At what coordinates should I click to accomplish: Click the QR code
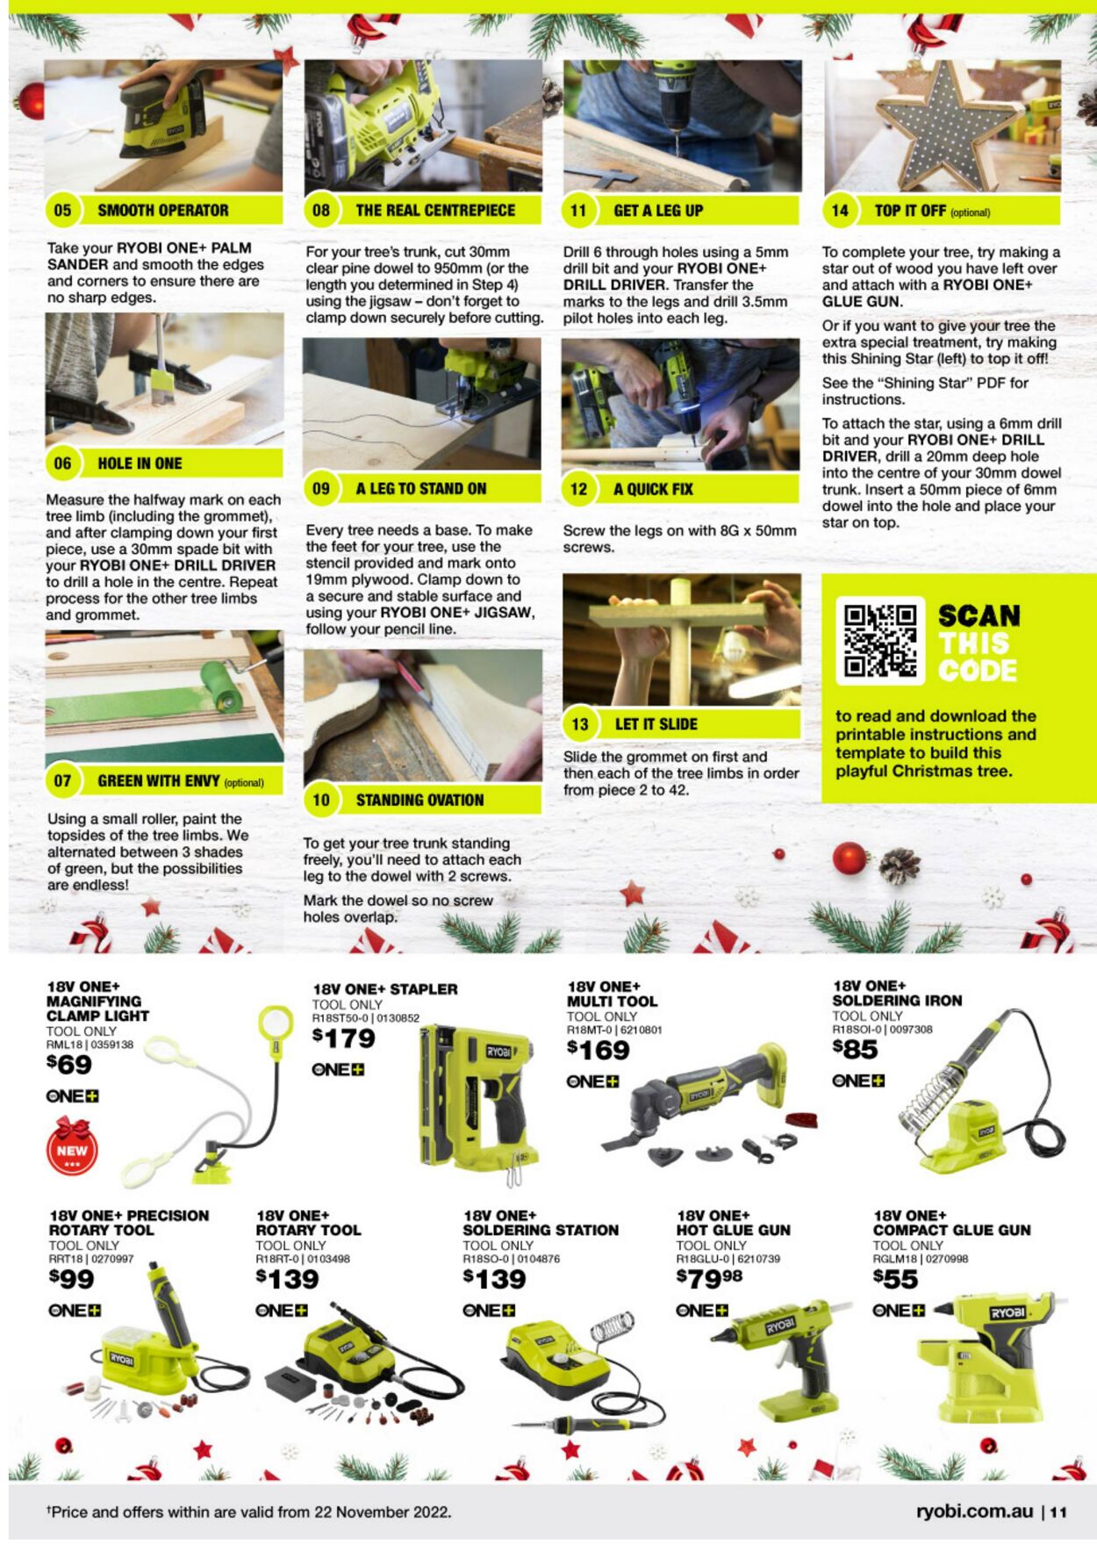click(x=879, y=641)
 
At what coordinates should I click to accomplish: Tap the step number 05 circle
click(x=62, y=211)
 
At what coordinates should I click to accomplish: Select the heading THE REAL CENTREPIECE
click(x=435, y=211)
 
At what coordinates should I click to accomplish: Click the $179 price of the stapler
click(x=344, y=1038)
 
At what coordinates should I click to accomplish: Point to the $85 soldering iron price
click(x=856, y=1049)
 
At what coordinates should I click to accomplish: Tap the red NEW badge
click(x=72, y=1146)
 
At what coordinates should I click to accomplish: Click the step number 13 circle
click(x=579, y=724)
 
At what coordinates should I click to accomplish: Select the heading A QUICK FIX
click(x=653, y=489)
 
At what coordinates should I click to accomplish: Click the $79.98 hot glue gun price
click(x=709, y=1278)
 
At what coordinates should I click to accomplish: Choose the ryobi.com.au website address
click(x=974, y=1512)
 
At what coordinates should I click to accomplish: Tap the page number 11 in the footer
click(x=1058, y=1512)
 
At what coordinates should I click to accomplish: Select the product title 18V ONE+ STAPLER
click(x=385, y=989)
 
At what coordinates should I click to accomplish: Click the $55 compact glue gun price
click(x=895, y=1279)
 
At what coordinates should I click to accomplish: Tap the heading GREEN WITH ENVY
click(x=159, y=780)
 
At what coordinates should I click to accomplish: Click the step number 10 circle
click(x=321, y=800)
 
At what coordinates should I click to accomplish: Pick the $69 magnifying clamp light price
click(x=69, y=1065)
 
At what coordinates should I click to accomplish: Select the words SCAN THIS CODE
click(x=979, y=643)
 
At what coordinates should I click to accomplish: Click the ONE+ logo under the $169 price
click(x=592, y=1081)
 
